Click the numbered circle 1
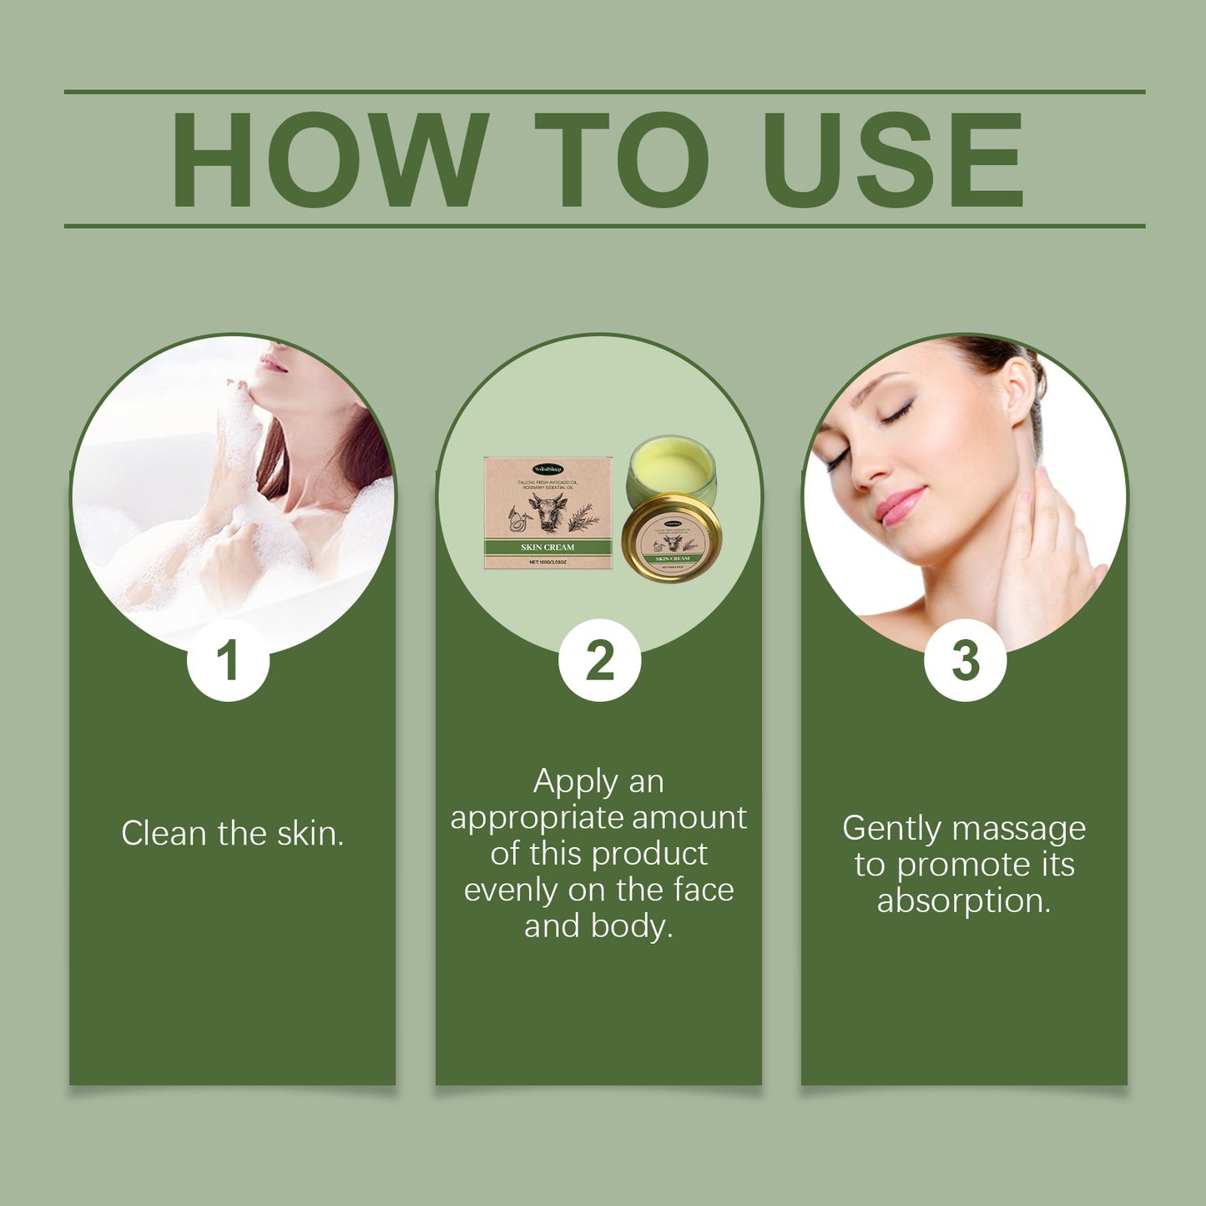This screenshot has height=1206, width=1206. [x=228, y=661]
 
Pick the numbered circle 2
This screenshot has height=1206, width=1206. [x=599, y=661]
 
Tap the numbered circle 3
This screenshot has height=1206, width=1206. [x=965, y=661]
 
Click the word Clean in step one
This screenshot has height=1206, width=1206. [x=164, y=833]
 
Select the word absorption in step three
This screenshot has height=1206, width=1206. [x=963, y=901]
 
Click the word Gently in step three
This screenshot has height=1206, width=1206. [x=892, y=829]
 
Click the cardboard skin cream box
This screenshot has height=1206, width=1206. [x=547, y=512]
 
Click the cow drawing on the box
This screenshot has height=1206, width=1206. [x=547, y=512]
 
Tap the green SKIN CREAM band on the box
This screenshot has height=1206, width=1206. [x=547, y=547]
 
